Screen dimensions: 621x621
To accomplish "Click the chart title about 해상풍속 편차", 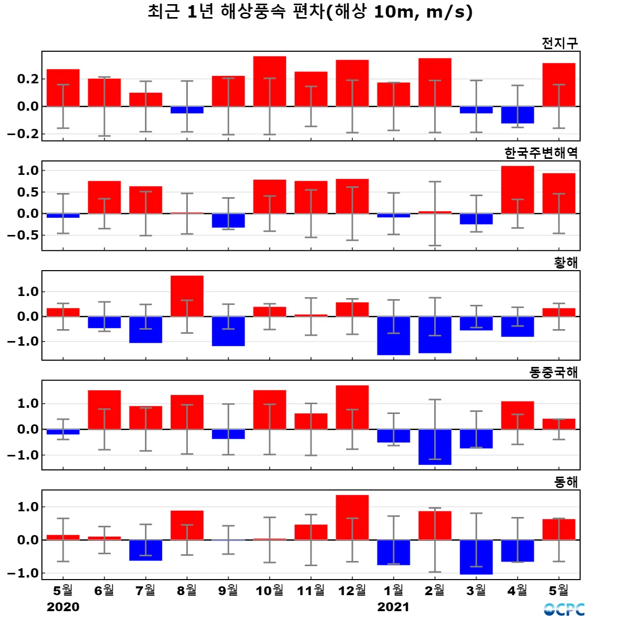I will [x=310, y=12].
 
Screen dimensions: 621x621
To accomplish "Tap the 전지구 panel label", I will [x=559, y=43].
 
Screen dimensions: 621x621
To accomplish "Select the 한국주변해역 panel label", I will [x=541, y=153].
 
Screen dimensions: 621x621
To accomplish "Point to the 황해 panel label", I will [x=566, y=262].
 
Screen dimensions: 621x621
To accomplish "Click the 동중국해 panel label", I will [x=553, y=372].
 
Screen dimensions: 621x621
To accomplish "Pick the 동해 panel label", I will [x=566, y=482].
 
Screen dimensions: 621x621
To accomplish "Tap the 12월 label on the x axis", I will [x=352, y=590].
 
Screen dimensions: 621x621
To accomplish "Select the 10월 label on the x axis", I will [x=270, y=590].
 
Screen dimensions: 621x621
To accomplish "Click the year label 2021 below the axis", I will [x=393, y=607].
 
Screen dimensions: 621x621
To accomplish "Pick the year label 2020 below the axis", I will [x=63, y=607].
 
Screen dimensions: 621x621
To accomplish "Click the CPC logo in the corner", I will [x=564, y=610].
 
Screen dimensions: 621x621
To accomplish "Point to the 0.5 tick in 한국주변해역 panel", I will [x=28, y=192].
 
